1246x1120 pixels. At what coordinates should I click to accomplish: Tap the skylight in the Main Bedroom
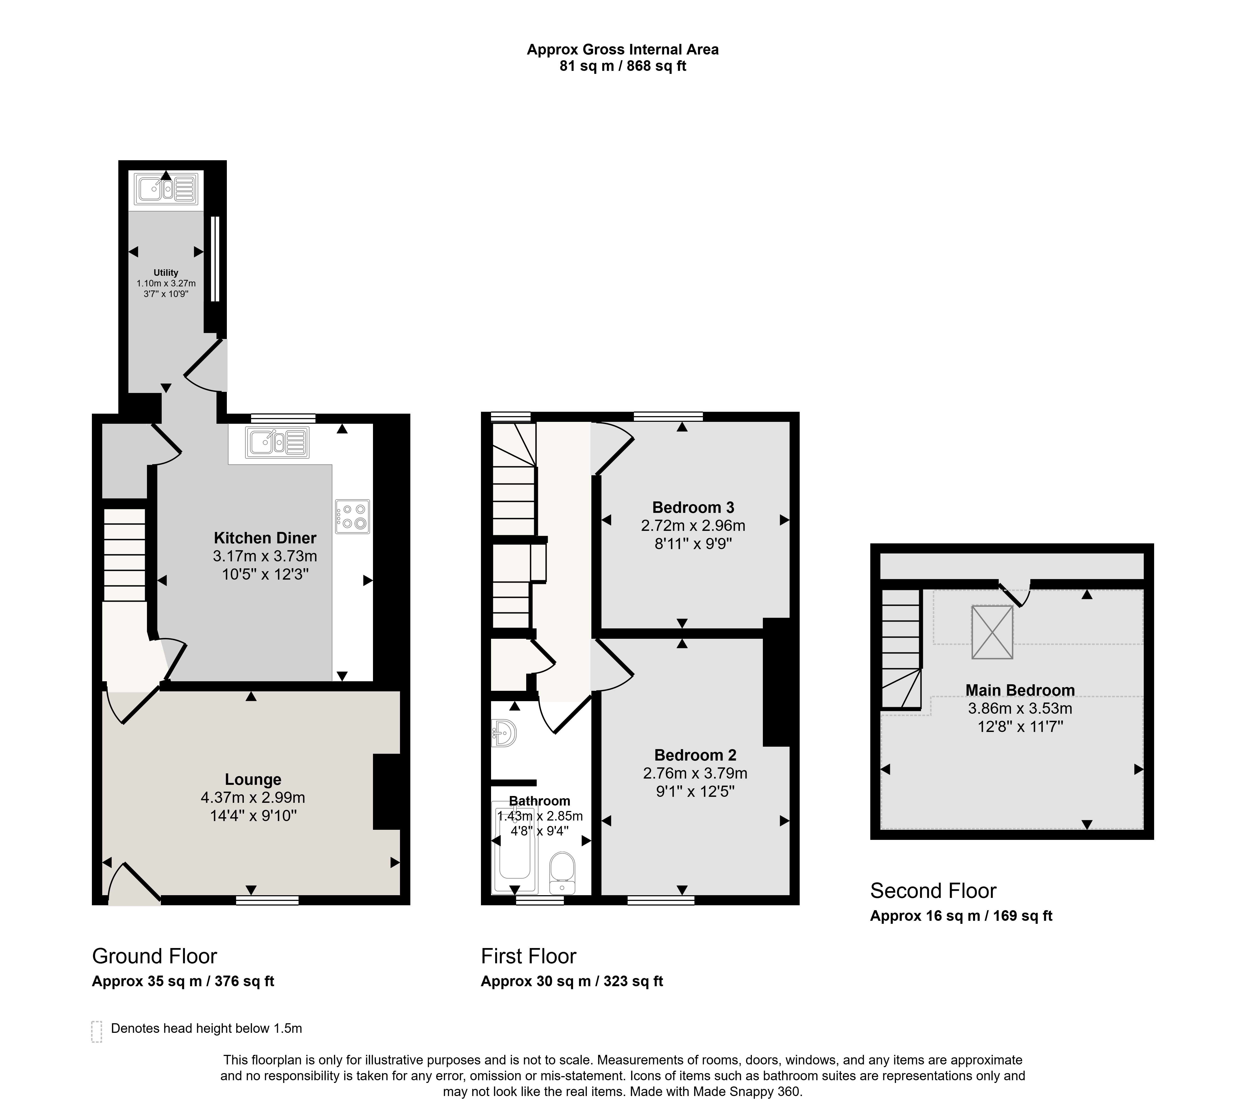pyautogui.click(x=992, y=631)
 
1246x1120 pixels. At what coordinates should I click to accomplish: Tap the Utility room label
pyautogui.click(x=166, y=273)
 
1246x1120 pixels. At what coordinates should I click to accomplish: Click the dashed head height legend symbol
pyautogui.click(x=97, y=1031)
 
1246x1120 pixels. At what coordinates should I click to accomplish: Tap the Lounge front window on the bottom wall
pyautogui.click(x=267, y=900)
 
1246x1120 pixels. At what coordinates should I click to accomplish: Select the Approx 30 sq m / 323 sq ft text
pyautogui.click(x=572, y=982)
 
